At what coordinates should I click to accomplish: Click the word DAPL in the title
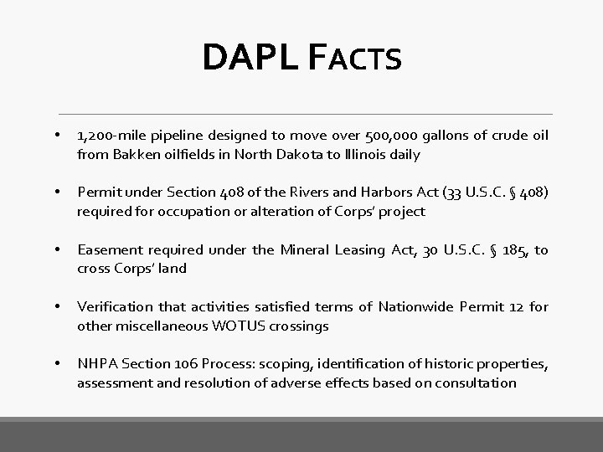[x=250, y=58]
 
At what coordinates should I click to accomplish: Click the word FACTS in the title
[x=354, y=59]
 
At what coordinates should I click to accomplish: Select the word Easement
[x=107, y=250]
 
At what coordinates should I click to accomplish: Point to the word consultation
[x=475, y=383]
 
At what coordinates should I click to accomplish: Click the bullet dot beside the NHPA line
[x=56, y=365]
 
